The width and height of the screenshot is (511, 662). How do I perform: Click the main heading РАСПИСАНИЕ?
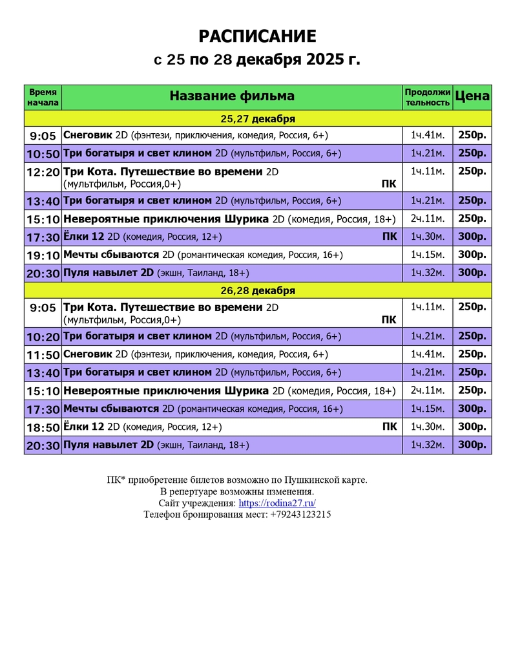[257, 36]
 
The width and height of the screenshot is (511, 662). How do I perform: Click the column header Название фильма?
[232, 96]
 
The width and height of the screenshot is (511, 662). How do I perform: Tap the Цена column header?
[472, 96]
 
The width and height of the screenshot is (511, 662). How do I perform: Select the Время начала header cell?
[43, 97]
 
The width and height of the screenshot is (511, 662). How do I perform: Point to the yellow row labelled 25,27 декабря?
[258, 119]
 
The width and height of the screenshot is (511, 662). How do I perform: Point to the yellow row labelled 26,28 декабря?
[258, 290]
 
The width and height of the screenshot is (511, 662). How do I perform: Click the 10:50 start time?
[43, 154]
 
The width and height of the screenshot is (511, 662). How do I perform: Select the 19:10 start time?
[43, 255]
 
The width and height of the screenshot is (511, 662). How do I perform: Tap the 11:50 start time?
[43, 354]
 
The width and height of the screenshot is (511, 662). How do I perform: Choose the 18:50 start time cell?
[43, 427]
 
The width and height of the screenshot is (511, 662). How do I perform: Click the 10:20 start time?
[43, 337]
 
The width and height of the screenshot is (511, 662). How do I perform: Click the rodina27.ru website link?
[277, 503]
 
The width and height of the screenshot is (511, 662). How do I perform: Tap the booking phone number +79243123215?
[300, 515]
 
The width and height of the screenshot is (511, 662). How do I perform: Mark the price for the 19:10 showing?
[472, 255]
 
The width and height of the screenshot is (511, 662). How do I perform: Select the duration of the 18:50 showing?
[427, 427]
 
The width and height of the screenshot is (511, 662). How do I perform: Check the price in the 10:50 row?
[472, 153]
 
